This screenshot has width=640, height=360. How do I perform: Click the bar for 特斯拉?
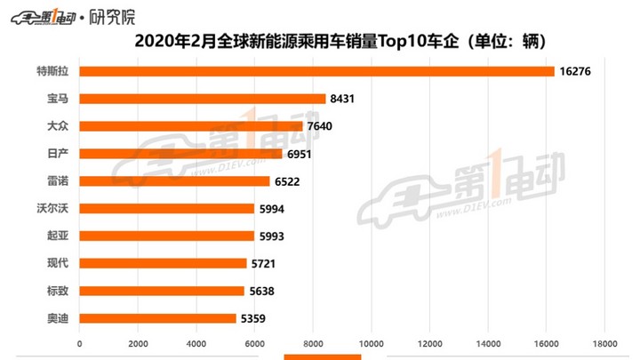tap(316, 71)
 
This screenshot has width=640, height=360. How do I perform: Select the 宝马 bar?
tap(203, 99)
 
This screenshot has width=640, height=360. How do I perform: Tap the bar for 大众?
tap(191, 126)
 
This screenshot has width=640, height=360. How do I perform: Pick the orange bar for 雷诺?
tap(174, 181)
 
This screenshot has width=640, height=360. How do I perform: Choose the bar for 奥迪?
tap(157, 318)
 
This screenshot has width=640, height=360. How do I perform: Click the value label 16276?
tap(577, 71)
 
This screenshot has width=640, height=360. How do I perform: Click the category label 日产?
tap(57, 154)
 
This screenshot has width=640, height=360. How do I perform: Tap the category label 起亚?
tap(57, 236)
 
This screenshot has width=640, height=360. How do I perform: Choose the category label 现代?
tap(57, 263)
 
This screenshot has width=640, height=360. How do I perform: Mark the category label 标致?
tap(57, 291)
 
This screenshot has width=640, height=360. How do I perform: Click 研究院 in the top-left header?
tap(113, 15)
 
